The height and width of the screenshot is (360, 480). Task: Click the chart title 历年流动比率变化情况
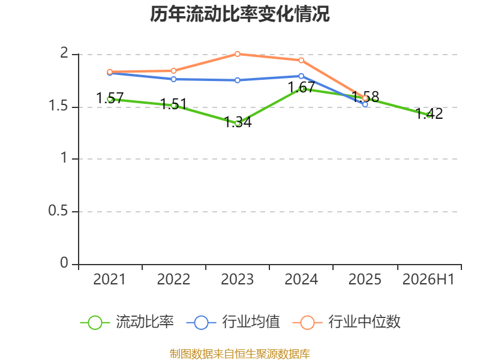tap(239, 14)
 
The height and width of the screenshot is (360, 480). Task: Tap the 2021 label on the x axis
tap(109, 279)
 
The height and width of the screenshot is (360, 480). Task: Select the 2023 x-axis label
tap(237, 279)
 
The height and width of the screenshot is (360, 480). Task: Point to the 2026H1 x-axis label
tap(428, 279)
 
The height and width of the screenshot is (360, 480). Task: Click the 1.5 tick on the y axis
tap(58, 106)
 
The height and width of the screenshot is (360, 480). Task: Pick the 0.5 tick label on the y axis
tap(58, 211)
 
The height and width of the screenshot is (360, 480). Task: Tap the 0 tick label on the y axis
tap(64, 263)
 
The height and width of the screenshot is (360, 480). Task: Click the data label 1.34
tap(238, 122)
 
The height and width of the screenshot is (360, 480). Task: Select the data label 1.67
tap(302, 88)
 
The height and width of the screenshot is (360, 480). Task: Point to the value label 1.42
tap(429, 114)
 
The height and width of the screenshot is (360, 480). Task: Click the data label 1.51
tap(173, 104)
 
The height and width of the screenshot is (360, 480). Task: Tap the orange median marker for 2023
tap(237, 54)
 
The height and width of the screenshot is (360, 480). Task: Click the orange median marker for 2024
tap(301, 61)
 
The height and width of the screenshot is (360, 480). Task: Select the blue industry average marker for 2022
tap(173, 79)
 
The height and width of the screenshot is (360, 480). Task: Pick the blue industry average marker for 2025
tap(365, 104)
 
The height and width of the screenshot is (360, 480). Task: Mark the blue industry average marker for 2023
tap(237, 80)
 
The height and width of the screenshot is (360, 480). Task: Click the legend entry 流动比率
tap(127, 322)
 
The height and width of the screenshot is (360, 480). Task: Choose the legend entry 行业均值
tap(233, 322)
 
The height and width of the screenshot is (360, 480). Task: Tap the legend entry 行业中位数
tap(347, 322)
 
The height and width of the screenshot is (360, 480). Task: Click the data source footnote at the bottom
tap(240, 354)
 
